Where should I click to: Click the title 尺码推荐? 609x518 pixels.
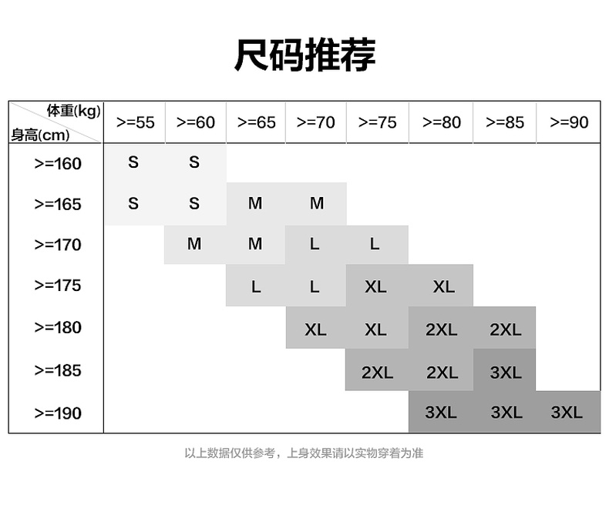(305, 55)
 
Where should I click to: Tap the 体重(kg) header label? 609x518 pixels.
(74, 111)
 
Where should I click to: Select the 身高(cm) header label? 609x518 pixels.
(40, 135)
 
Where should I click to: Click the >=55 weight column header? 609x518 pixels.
(135, 122)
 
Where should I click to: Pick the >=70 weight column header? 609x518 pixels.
(315, 122)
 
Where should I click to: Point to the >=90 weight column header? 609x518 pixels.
(569, 122)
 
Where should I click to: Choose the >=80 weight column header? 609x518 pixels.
(442, 122)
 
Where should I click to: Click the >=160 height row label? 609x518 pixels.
(58, 164)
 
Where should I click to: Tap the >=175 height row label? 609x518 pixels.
(58, 286)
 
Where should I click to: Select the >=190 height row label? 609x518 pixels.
(58, 413)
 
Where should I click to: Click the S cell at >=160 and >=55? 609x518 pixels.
(133, 162)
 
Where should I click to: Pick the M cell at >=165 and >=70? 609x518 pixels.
(317, 203)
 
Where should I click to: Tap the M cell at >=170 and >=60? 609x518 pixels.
(194, 244)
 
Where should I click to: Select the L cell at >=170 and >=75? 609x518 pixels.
(375, 244)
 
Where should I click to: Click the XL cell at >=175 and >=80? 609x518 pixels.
(443, 287)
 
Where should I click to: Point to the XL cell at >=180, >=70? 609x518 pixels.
(315, 329)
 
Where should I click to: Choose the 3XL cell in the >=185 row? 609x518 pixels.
(506, 373)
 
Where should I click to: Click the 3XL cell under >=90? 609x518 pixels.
(567, 412)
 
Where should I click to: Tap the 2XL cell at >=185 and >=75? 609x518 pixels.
(377, 373)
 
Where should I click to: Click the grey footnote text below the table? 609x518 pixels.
(304, 453)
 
